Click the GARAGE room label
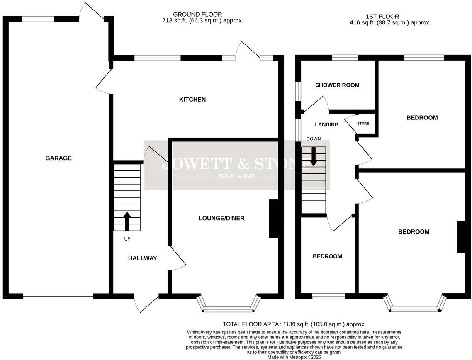tap(58, 158)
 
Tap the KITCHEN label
tap(192, 100)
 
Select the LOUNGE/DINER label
tap(221, 218)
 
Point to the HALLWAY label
tap(142, 258)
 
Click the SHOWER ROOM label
tap(337, 85)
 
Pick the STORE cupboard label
tap(363, 124)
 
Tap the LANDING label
tap(327, 124)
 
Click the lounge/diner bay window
tap(229, 308)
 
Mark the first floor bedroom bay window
tap(415, 308)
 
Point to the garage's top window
tap(38, 19)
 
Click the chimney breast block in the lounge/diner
tap(273, 219)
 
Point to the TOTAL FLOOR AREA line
tap(294, 324)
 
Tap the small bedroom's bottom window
tap(328, 296)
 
